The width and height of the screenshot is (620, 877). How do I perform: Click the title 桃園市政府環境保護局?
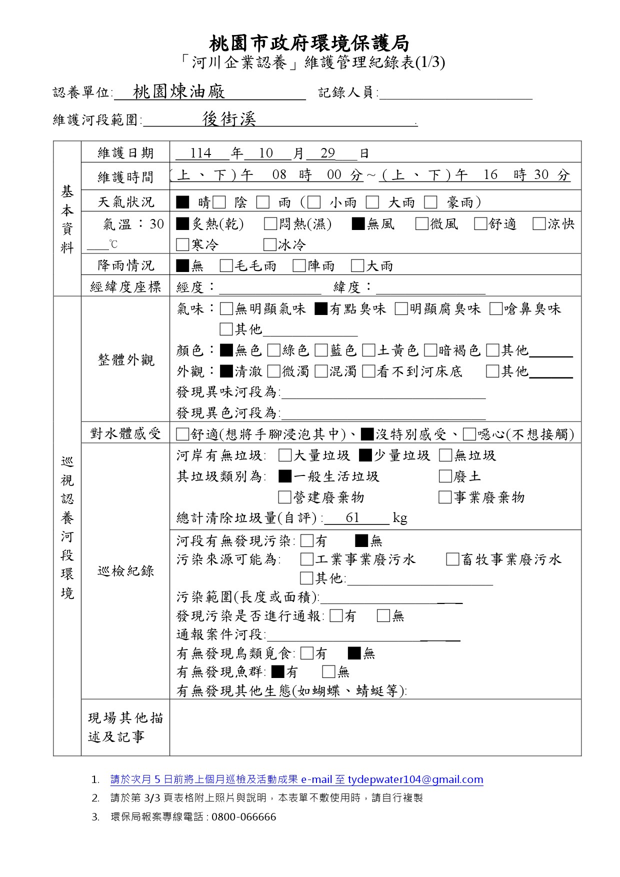(x=309, y=43)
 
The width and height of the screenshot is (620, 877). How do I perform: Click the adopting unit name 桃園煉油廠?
(x=179, y=91)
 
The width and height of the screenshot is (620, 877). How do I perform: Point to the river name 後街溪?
(x=229, y=118)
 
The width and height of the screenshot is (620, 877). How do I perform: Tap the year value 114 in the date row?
(x=200, y=153)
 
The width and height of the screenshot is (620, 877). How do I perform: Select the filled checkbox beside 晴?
(x=182, y=202)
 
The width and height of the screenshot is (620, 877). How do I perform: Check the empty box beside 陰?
(x=219, y=202)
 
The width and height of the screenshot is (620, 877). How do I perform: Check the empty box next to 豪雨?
(x=430, y=202)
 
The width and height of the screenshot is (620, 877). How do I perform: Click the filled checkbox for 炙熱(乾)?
(x=183, y=223)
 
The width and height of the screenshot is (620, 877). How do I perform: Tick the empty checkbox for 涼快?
(x=539, y=223)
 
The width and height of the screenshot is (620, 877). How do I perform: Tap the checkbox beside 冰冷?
(x=270, y=244)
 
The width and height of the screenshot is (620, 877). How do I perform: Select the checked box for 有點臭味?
(x=321, y=309)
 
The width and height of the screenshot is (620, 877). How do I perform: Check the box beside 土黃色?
(x=368, y=350)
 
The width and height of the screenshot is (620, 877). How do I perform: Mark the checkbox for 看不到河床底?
(x=368, y=371)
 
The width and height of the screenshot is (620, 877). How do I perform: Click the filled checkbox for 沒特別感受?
(x=367, y=434)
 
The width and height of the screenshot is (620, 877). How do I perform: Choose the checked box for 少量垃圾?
(x=365, y=455)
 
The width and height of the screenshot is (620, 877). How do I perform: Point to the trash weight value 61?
(x=352, y=517)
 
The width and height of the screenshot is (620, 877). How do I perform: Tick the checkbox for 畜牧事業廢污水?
(x=452, y=559)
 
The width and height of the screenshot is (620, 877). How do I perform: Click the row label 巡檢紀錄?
(x=125, y=571)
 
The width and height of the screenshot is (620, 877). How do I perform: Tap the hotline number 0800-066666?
(x=243, y=817)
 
